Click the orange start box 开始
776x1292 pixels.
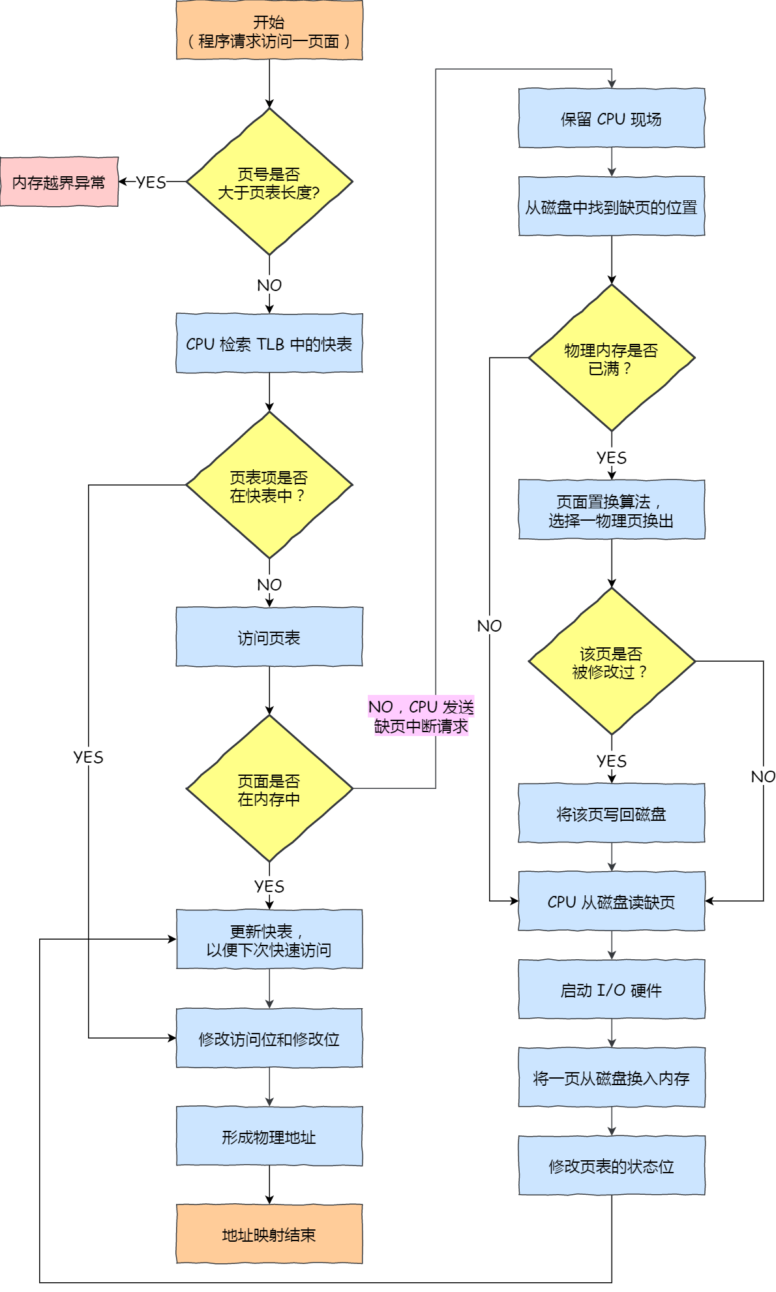(269, 31)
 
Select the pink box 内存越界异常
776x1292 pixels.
(59, 182)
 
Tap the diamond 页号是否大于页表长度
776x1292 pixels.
(269, 182)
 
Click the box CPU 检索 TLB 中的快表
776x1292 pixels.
(269, 343)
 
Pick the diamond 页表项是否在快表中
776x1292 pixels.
(269, 485)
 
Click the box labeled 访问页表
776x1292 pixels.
(269, 637)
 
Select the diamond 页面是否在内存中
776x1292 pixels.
(269, 789)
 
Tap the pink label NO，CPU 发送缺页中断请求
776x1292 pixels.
(421, 716)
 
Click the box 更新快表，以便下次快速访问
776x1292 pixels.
(269, 940)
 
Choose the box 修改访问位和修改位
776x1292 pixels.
(269, 1038)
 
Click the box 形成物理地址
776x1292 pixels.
(269, 1136)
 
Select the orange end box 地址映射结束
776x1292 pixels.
(269, 1234)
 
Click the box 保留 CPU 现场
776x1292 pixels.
(611, 118)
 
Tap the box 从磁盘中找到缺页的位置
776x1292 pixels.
(611, 206)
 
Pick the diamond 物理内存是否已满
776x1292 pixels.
(611, 358)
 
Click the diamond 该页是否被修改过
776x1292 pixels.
(611, 662)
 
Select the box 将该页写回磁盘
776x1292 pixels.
(611, 813)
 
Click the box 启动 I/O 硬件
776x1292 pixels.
(611, 989)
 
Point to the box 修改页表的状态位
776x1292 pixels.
(611, 1165)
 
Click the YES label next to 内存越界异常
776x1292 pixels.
(151, 182)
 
